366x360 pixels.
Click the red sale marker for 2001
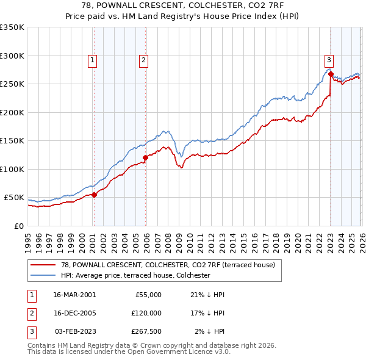click(95, 195)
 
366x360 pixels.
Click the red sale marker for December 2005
click(146, 157)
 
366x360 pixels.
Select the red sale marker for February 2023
click(331, 74)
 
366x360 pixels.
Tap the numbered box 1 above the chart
click(92, 60)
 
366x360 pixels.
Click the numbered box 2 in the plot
click(143, 60)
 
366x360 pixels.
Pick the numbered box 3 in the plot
click(329, 60)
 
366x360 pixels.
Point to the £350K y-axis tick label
click(12, 27)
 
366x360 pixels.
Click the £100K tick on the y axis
click(12, 169)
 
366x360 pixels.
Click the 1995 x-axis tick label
click(28, 239)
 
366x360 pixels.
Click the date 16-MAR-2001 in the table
click(74, 295)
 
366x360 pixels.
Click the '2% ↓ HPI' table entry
click(210, 331)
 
